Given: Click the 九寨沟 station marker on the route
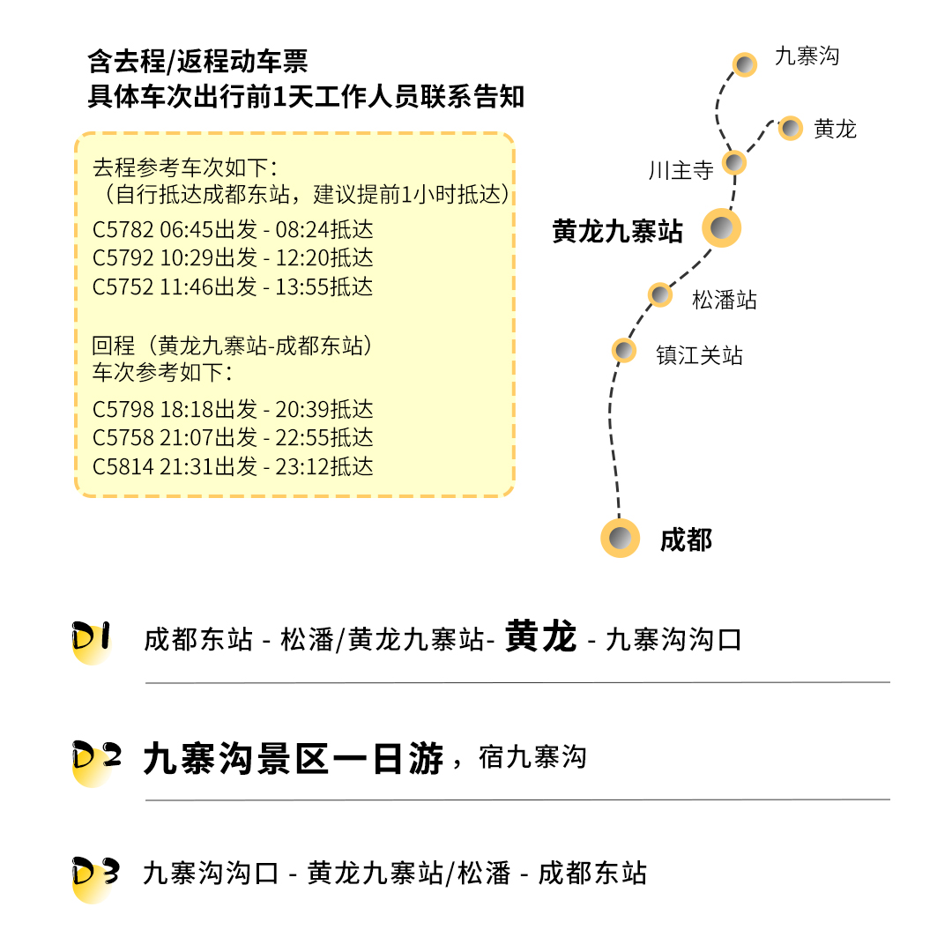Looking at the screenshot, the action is (746, 64).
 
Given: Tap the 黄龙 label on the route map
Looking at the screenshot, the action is (835, 130).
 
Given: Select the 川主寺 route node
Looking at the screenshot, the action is (734, 162).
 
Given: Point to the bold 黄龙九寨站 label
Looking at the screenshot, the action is (617, 232).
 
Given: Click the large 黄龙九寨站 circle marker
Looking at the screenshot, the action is (721, 229).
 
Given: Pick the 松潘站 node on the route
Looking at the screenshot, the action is (660, 294).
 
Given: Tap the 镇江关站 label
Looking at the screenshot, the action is (699, 356).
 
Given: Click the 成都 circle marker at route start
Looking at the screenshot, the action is (620, 537).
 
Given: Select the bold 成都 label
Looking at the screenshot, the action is (686, 539).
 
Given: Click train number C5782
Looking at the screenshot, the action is (123, 230).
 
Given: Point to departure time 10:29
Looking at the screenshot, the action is (187, 258).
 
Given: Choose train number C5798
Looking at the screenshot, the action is (123, 410).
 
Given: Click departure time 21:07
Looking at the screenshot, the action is (187, 438).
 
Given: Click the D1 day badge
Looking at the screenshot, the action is (91, 639).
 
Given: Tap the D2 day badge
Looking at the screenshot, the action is (95, 758).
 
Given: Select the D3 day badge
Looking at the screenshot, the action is (94, 874).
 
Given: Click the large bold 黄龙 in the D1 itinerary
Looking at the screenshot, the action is (541, 636).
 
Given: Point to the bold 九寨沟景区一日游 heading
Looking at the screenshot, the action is (294, 758).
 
